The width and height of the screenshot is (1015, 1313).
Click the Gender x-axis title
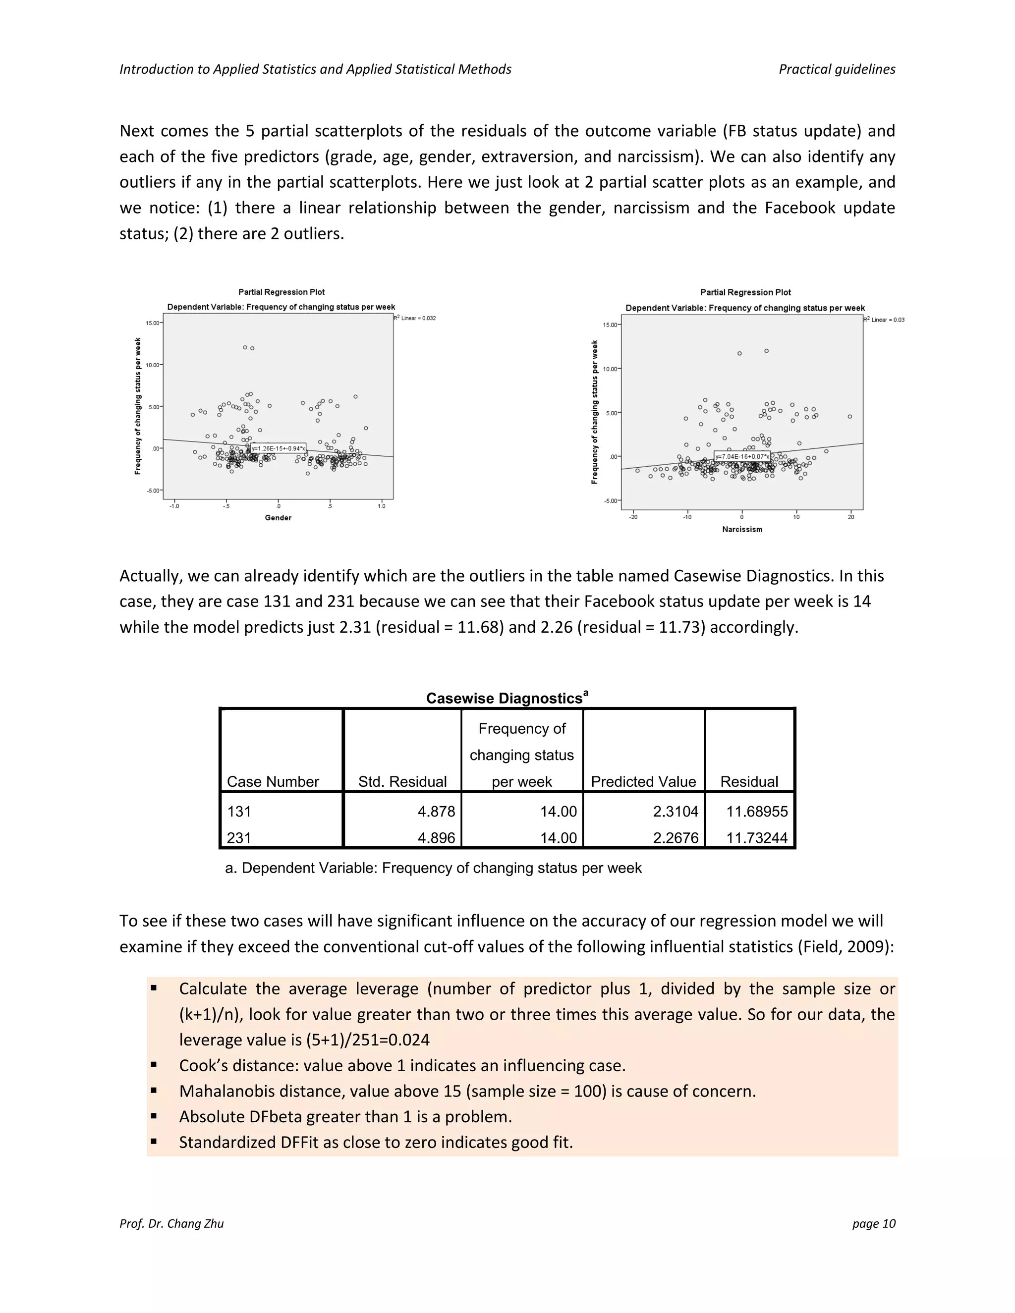tap(278, 518)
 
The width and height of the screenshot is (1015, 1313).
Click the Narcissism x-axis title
tap(742, 529)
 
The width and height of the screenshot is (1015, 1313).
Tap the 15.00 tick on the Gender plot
tap(153, 323)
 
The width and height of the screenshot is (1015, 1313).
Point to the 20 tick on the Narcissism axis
tap(851, 517)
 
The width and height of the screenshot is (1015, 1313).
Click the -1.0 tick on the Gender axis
tap(174, 506)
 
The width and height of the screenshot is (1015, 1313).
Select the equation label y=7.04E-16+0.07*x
tap(742, 456)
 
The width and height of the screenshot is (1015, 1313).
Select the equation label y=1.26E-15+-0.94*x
tap(279, 448)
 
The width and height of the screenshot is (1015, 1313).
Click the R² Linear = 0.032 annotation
tap(415, 318)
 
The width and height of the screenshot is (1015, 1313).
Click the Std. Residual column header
tap(402, 781)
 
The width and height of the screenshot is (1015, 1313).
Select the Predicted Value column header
tap(643, 781)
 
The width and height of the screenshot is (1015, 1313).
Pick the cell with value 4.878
tap(436, 811)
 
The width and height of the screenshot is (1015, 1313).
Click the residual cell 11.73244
tap(756, 837)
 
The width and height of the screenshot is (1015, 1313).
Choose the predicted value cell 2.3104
tap(676, 811)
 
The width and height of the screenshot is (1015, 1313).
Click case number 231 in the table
tap(239, 837)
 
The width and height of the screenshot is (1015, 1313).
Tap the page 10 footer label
tap(873, 1223)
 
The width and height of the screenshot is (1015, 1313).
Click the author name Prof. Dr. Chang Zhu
tap(171, 1223)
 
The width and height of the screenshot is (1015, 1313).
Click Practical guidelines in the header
tap(837, 69)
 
